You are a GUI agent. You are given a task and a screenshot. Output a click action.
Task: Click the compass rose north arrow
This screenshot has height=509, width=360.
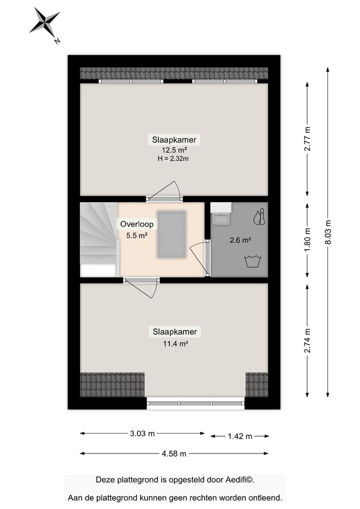pos(45,23)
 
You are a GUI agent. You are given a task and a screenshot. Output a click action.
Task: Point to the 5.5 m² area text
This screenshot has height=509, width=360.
pos(136,235)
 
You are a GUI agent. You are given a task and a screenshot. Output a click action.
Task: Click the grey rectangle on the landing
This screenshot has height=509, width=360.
pos(172,234)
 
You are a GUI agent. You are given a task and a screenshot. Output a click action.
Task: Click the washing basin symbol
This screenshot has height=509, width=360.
pos(253,262)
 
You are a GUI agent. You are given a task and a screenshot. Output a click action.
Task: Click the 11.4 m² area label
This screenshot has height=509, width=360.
pos(174,344)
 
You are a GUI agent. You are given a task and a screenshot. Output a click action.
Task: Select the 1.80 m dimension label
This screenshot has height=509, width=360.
pos(307,240)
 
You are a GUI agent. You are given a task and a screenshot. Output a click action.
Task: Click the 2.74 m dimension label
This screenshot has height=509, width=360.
pos(307,341)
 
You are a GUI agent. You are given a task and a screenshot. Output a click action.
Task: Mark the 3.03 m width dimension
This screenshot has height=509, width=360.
pos(142,434)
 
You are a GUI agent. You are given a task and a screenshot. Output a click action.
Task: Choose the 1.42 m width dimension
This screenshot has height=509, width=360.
pos(239,436)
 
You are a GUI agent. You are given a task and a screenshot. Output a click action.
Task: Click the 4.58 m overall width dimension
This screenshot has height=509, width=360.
pos(174,454)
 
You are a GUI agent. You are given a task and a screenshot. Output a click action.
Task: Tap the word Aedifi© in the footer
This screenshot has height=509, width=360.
pos(239,479)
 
